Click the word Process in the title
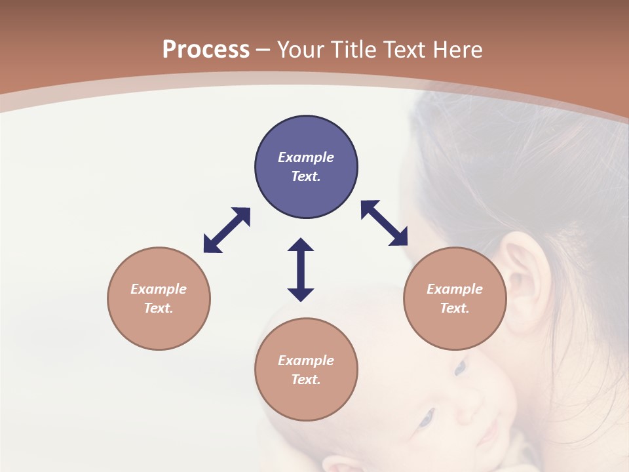coord(206,50)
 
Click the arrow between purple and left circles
coord(227,230)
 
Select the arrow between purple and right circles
coord(385,223)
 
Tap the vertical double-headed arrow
coord(301,269)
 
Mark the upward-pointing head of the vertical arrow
coord(301,245)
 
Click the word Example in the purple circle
coord(306,157)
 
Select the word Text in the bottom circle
coord(306,380)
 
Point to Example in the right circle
coord(455,289)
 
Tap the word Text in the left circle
coord(159,308)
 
